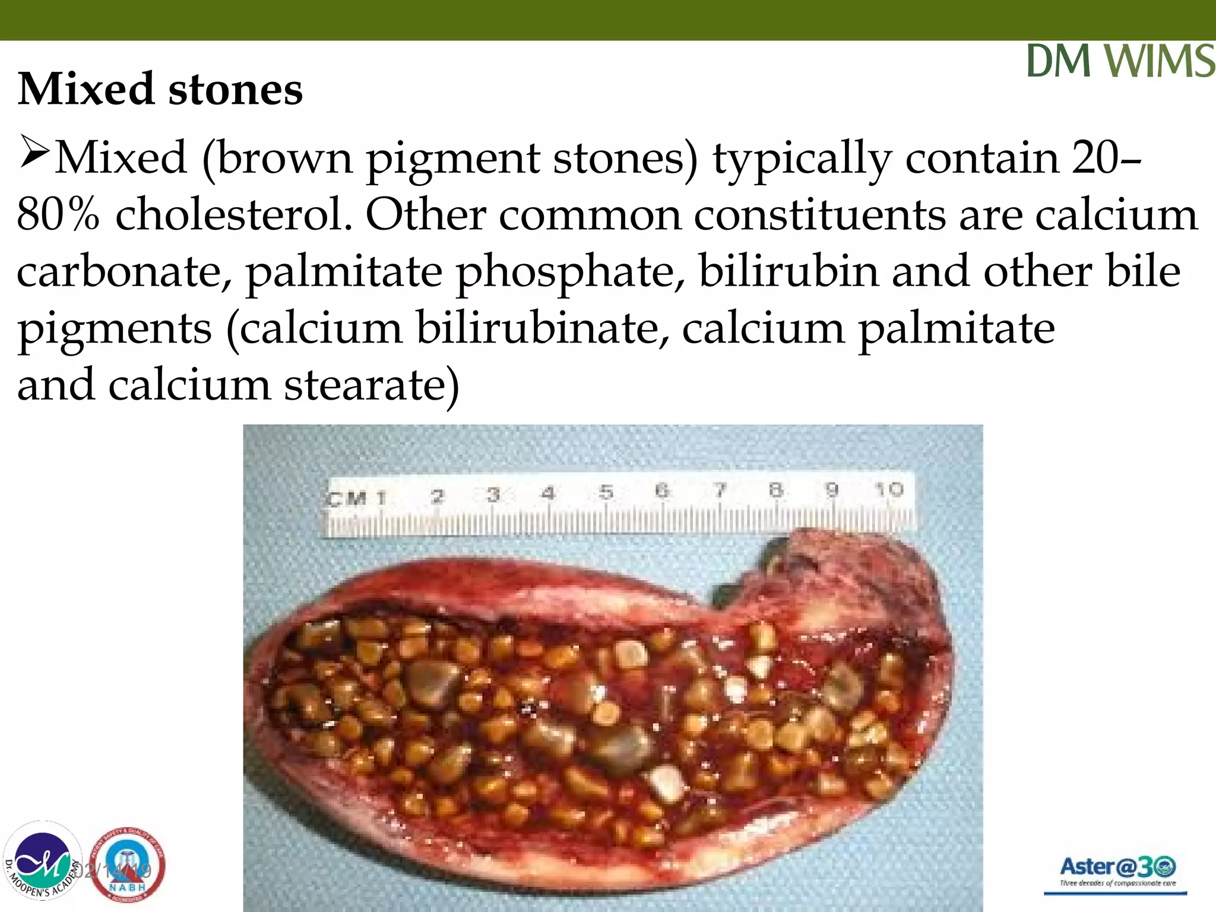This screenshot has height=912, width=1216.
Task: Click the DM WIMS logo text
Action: tap(1120, 61)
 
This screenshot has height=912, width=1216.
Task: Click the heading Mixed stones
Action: tap(160, 89)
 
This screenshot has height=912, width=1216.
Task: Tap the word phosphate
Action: tap(569, 272)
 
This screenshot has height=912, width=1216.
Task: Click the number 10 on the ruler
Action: tap(889, 490)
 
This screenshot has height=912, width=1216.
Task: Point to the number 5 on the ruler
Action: tap(606, 492)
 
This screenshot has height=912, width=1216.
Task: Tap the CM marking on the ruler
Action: tap(347, 498)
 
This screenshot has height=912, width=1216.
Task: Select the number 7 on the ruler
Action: tap(720, 490)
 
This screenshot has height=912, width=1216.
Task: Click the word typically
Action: tap(802, 158)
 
